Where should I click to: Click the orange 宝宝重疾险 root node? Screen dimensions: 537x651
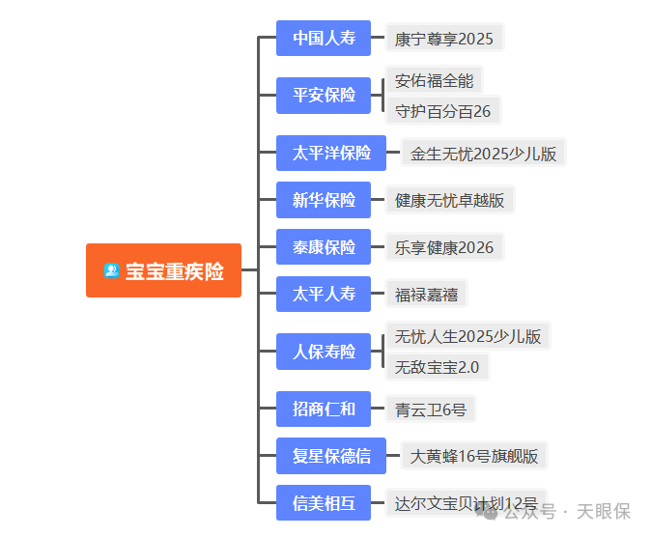(x=163, y=270)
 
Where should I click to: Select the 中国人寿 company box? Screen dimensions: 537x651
(x=324, y=39)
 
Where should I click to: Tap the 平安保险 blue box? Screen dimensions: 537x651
(x=324, y=96)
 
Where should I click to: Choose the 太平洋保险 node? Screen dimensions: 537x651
(x=331, y=153)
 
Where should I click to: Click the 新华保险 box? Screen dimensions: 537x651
(x=324, y=200)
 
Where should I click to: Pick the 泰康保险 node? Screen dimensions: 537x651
(x=324, y=247)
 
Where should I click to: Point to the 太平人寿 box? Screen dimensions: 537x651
(x=324, y=294)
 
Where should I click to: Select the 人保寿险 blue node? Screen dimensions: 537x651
(x=324, y=352)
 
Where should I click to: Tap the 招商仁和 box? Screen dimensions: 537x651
(x=324, y=409)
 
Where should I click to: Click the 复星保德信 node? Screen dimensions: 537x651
(x=331, y=456)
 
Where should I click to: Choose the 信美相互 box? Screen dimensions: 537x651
(x=324, y=503)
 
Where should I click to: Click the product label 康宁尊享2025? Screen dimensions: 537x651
(x=444, y=40)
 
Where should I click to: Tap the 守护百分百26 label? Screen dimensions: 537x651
(x=442, y=111)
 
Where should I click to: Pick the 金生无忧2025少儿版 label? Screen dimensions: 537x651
(x=483, y=154)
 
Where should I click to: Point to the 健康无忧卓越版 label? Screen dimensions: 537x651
(x=449, y=201)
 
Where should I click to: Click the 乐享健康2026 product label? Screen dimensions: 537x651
(x=444, y=248)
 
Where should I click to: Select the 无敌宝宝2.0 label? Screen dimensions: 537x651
(x=437, y=367)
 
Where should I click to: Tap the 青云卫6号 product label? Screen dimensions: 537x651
(x=430, y=410)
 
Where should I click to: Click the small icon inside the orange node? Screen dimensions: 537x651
(x=111, y=271)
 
